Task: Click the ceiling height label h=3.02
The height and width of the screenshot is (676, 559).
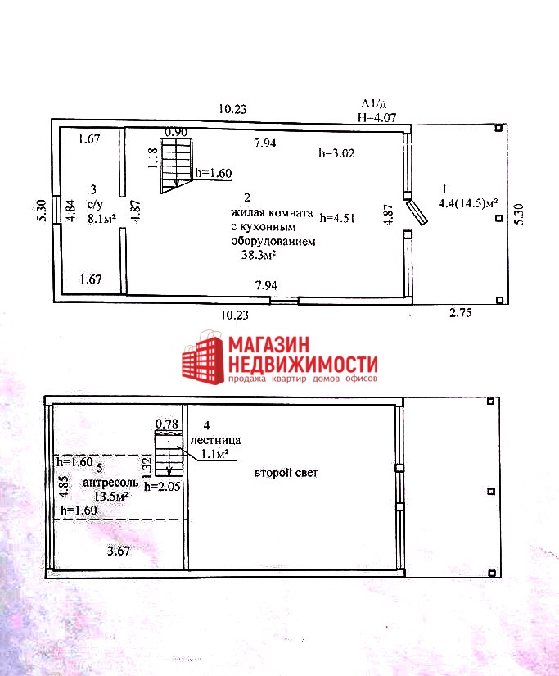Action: pos(336,153)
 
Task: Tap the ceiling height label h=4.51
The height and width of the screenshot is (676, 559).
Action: pos(336,218)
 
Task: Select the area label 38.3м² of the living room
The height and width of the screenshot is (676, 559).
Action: pos(259,255)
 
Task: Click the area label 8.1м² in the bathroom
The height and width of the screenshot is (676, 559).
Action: pos(101,219)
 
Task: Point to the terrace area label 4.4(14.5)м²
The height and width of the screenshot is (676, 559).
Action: pos(468,203)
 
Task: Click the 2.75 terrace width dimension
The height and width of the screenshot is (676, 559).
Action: pos(461,312)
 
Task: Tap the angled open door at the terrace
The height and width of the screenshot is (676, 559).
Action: pos(417,211)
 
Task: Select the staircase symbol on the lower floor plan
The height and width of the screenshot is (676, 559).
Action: pos(176,166)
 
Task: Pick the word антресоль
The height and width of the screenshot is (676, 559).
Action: pos(110,483)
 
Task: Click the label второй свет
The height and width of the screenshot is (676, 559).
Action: pos(286,473)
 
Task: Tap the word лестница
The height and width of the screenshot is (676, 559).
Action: pos(216,440)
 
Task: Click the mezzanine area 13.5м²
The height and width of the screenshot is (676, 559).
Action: pos(111,497)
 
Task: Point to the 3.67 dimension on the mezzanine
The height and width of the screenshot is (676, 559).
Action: pos(119,551)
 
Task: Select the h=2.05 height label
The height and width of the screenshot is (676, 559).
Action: pos(162,486)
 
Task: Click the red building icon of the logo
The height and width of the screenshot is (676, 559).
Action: pos(203,357)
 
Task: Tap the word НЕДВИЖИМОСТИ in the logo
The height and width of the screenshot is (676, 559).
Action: pos(303,365)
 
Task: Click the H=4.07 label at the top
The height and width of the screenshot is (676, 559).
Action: pos(377,117)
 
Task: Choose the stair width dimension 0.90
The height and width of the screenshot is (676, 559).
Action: pos(176,132)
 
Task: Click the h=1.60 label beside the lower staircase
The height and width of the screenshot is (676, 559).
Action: pos(214,173)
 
